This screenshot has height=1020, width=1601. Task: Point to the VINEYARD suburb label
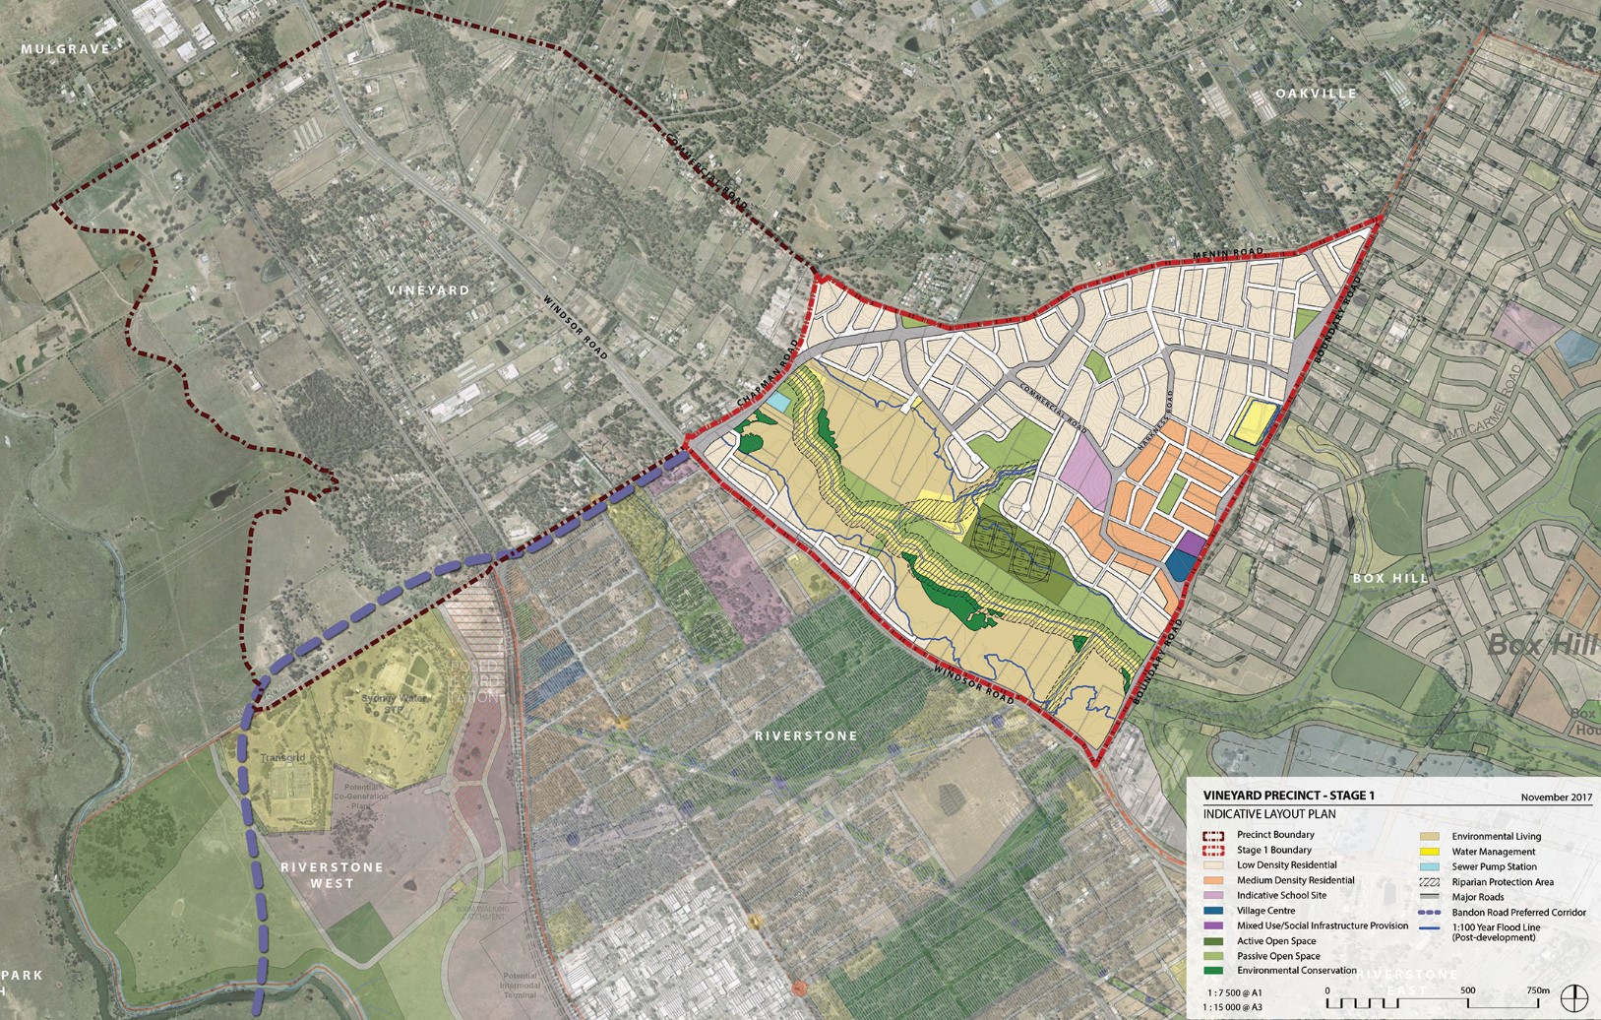(428, 290)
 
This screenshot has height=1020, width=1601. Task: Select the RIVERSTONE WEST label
(318, 875)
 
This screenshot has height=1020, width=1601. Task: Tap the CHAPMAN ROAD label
(763, 389)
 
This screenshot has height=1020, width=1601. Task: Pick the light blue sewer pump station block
(777, 403)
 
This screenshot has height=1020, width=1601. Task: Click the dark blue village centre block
(1180, 565)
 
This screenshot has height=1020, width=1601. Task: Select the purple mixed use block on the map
(1191, 543)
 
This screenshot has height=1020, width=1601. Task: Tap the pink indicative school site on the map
(1086, 470)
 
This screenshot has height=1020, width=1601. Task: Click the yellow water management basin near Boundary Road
(1253, 422)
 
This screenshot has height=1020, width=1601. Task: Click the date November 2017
(1556, 797)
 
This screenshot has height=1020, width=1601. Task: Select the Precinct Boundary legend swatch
(1215, 835)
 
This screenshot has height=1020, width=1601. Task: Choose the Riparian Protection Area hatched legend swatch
(1430, 882)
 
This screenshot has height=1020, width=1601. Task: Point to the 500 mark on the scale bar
(1467, 990)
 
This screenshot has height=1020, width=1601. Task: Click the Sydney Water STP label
(382, 703)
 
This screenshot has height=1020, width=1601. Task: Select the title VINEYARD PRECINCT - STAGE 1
(1288, 796)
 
